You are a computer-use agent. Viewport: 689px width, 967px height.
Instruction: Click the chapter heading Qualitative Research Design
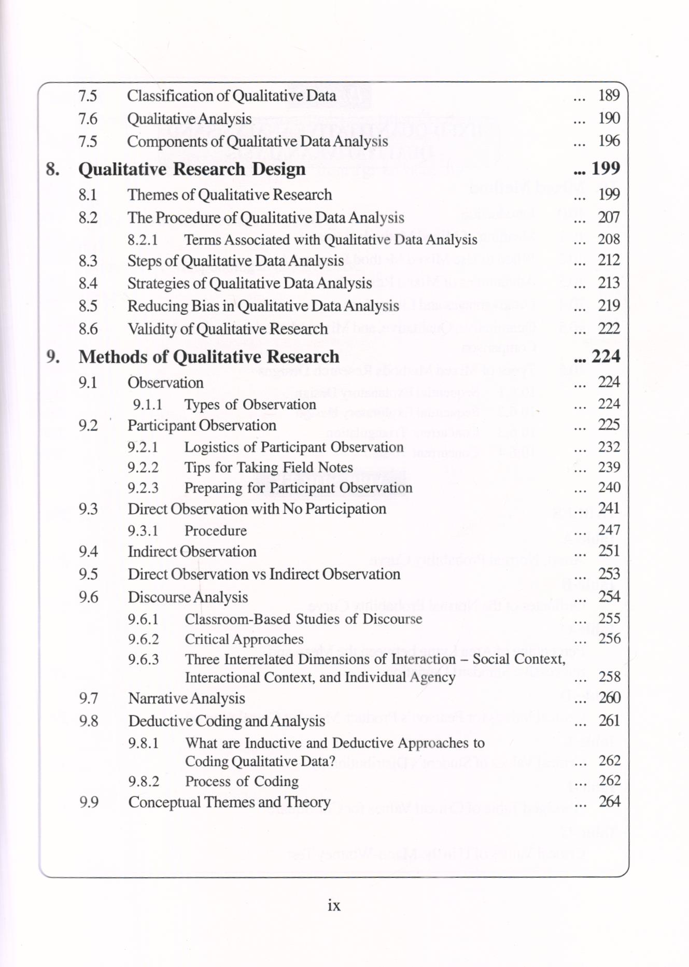192,170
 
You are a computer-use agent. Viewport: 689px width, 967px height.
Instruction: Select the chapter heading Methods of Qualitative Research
208,357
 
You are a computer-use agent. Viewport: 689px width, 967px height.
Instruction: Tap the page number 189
609,95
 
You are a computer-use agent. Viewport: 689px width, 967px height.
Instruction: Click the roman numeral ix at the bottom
334,905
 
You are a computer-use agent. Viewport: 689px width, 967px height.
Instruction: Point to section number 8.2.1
143,240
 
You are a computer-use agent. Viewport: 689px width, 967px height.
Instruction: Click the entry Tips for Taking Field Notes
269,468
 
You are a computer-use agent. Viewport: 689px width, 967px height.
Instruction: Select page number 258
609,677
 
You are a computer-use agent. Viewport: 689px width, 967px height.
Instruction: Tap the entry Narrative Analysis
187,698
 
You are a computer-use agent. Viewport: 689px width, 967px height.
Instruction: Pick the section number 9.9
89,803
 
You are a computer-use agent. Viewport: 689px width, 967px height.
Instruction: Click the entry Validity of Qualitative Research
228,329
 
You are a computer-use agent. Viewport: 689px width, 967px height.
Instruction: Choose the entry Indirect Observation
192,552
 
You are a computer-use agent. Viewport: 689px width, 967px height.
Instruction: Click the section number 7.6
88,119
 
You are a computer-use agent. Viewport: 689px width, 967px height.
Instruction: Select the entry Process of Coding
242,781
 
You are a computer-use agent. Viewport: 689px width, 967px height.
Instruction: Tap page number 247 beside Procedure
609,530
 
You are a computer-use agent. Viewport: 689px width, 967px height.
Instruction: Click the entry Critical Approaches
244,639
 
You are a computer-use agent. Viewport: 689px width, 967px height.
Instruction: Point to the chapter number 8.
52,170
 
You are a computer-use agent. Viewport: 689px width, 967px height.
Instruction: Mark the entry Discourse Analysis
188,597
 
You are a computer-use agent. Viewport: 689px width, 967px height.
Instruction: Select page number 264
609,802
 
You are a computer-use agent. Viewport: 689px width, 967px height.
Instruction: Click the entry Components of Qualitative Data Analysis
257,142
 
